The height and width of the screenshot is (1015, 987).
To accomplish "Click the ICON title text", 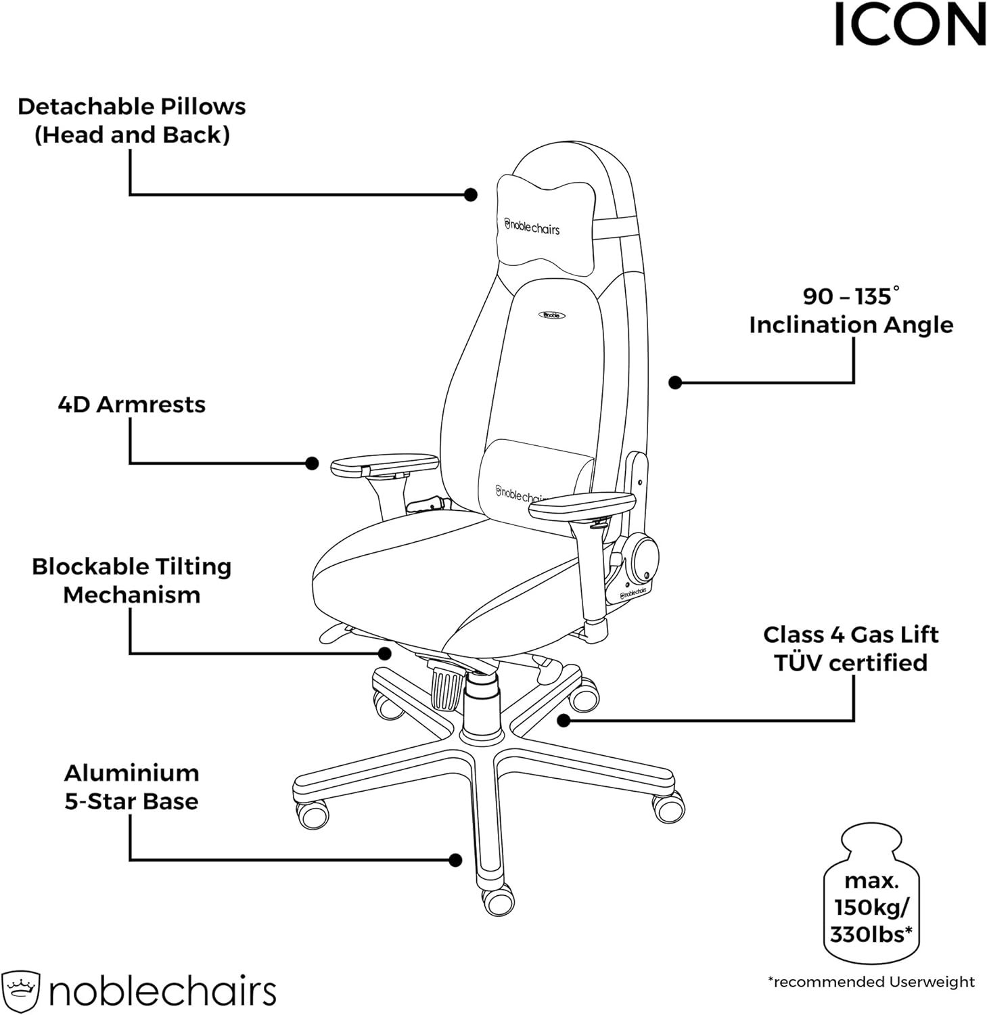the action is [x=910, y=25].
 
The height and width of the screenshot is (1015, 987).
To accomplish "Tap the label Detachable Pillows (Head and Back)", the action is [x=132, y=120].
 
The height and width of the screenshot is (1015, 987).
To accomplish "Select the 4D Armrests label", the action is [x=132, y=405].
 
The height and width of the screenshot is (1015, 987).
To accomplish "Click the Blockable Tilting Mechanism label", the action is [x=132, y=581].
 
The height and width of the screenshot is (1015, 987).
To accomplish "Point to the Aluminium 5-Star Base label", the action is [x=132, y=787].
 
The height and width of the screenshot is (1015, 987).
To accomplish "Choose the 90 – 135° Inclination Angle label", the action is [x=851, y=311].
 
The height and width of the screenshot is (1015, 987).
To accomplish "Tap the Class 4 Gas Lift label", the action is [x=851, y=635].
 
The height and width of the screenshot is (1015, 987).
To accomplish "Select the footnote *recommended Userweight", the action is [x=871, y=982].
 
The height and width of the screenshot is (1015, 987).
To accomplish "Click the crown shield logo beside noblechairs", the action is [x=21, y=992].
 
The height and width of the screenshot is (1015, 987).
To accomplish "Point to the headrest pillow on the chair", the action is [x=547, y=225].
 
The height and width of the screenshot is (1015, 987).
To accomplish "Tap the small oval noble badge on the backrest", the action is [x=551, y=315].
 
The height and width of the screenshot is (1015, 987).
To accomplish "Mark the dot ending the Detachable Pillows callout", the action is [x=471, y=195].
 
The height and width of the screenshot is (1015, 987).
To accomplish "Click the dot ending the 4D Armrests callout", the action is [x=312, y=464].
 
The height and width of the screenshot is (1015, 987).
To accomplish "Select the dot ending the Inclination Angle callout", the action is [x=674, y=382].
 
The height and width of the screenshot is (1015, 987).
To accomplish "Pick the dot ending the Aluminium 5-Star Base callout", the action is [x=455, y=860].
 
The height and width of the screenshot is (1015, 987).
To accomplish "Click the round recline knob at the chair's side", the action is [x=640, y=558].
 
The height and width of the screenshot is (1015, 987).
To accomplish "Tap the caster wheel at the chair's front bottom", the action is [x=499, y=901].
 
